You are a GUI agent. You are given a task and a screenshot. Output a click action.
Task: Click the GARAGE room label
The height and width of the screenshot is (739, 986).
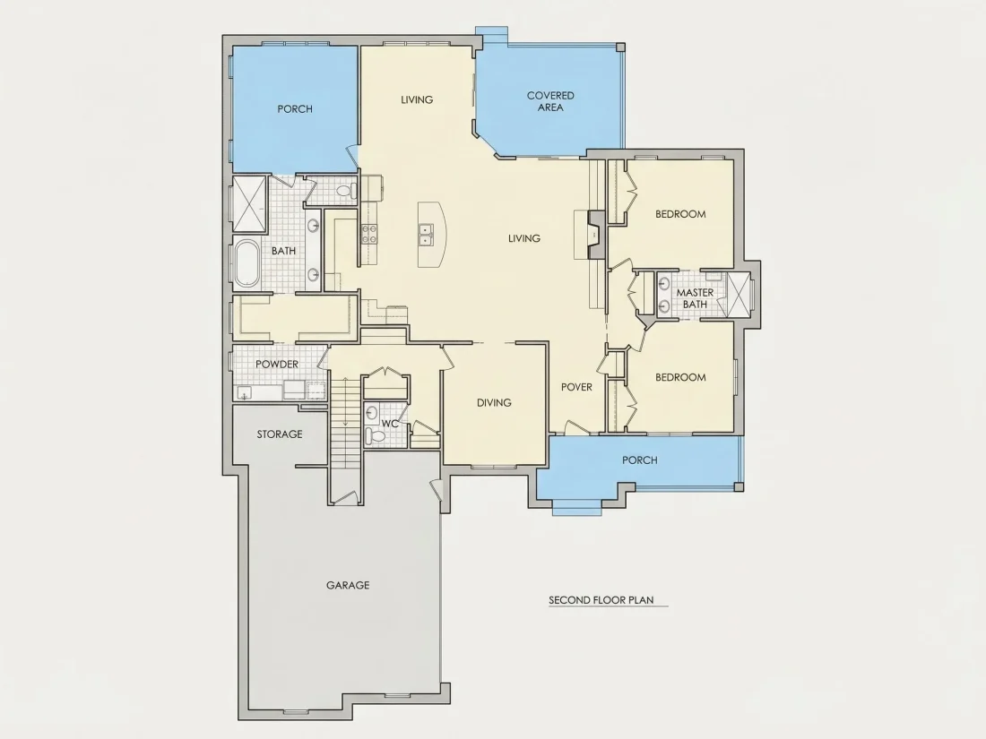coord(348,585)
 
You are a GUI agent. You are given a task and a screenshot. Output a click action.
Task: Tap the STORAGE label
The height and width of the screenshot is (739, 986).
coord(279,434)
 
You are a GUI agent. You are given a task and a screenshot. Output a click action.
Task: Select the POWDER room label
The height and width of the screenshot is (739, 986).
coord(277,365)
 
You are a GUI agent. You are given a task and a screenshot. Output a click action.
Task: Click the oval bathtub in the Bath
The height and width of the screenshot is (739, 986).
coord(247,263)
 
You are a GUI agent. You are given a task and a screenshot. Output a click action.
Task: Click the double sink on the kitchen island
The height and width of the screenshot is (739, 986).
coord(426,235)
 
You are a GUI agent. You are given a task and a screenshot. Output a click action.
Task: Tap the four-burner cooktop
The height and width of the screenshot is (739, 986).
coord(368,234)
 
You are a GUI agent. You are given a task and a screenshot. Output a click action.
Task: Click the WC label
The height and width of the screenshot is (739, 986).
coord(390,424)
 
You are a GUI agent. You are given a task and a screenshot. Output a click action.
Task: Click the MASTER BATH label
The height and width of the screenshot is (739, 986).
coord(695,298)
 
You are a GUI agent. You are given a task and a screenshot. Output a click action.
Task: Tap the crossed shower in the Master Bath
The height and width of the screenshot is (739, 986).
coord(739,294)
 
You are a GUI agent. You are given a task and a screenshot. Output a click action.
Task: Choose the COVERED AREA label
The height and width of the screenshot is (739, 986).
coord(550,101)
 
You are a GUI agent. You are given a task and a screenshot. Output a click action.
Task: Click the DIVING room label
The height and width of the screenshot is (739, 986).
coord(494,403)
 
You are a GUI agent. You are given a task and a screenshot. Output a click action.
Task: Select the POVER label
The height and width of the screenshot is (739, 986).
coord(576,387)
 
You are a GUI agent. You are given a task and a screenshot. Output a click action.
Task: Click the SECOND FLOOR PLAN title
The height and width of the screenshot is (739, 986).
coord(601,600)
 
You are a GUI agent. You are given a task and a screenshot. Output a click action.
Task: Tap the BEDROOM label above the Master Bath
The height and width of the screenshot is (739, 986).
coord(680,214)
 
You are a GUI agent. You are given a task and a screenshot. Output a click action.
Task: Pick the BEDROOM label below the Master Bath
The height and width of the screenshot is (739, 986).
coord(680,378)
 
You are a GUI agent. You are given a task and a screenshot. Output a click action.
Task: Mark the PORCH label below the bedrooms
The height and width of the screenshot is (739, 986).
coord(639,460)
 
